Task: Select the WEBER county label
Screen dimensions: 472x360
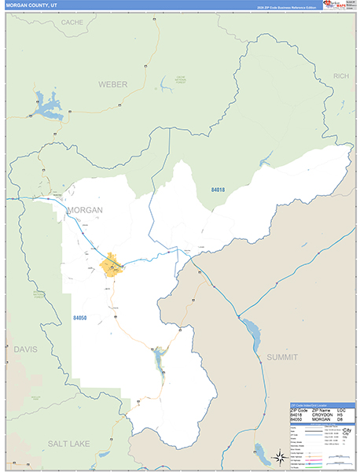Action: click(x=112, y=83)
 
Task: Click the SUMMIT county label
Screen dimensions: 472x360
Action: click(x=281, y=357)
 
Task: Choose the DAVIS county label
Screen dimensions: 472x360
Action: click(x=25, y=348)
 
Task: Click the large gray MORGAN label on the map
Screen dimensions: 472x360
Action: click(x=85, y=210)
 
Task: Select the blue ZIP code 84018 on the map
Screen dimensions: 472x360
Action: click(x=218, y=190)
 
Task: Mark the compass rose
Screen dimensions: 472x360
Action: click(x=278, y=457)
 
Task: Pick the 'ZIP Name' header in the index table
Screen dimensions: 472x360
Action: click(x=322, y=410)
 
